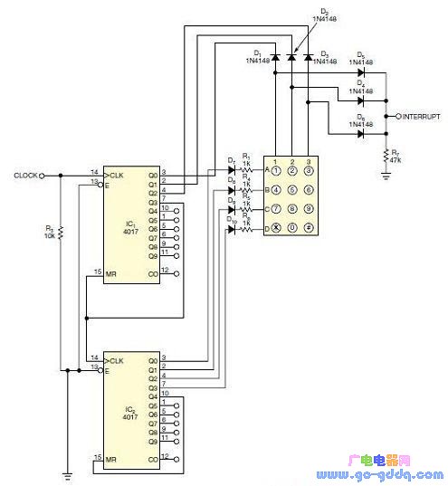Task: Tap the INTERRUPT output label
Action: [421, 117]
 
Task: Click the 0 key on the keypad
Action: [291, 230]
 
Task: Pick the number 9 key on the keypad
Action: [309, 210]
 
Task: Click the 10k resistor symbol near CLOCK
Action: [61, 233]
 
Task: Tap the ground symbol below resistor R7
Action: [386, 177]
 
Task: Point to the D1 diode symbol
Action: [274, 58]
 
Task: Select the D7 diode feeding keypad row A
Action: [232, 170]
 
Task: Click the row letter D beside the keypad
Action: [266, 230]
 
